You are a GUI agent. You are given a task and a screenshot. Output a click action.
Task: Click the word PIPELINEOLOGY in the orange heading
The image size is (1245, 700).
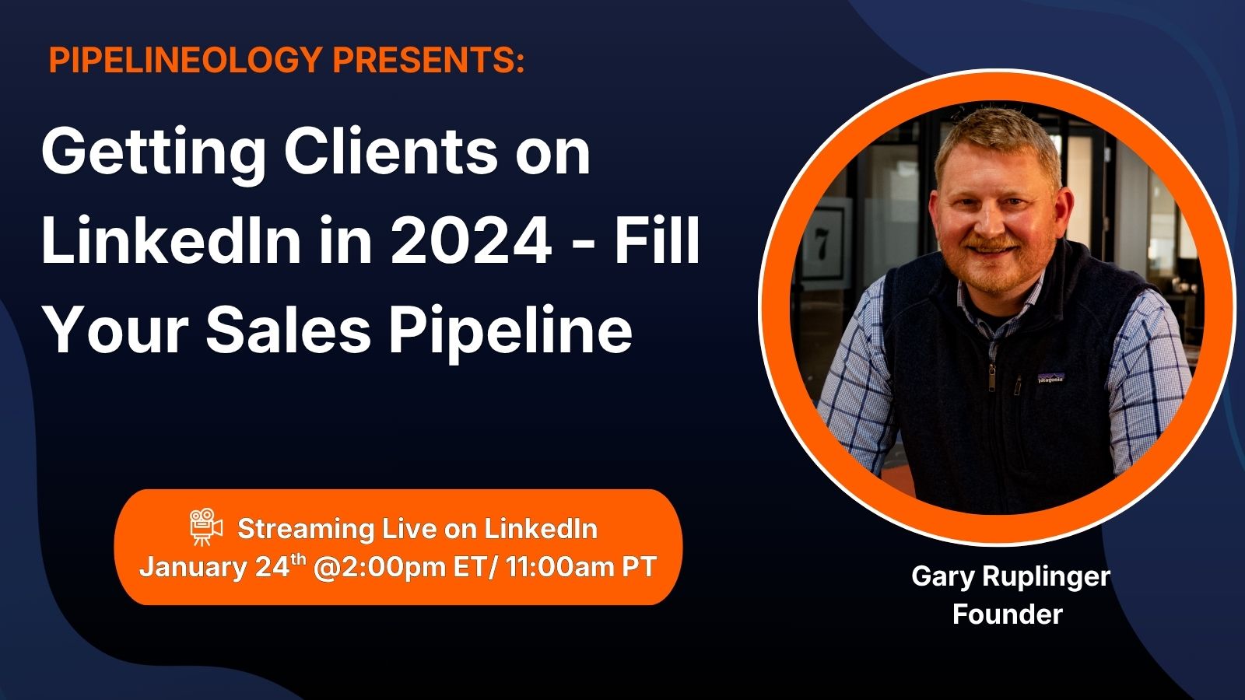[186, 59]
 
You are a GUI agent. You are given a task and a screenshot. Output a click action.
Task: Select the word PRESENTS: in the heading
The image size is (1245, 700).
[429, 59]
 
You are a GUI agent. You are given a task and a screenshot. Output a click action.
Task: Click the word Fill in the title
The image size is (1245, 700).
[657, 240]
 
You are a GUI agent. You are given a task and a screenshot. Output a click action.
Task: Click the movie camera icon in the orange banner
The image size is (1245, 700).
[205, 526]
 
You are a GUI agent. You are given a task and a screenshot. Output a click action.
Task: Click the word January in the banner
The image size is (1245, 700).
[192, 568]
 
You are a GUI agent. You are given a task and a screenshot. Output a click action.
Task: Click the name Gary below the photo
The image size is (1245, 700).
[943, 577]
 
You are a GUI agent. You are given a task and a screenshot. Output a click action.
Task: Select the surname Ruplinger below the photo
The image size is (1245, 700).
[1047, 577]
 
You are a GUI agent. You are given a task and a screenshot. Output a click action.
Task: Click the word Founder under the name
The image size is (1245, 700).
[1008, 614]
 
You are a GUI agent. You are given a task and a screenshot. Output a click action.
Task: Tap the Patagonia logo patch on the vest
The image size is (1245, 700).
[1050, 378]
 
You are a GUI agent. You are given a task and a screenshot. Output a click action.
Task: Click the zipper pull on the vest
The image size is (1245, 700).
[991, 378]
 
